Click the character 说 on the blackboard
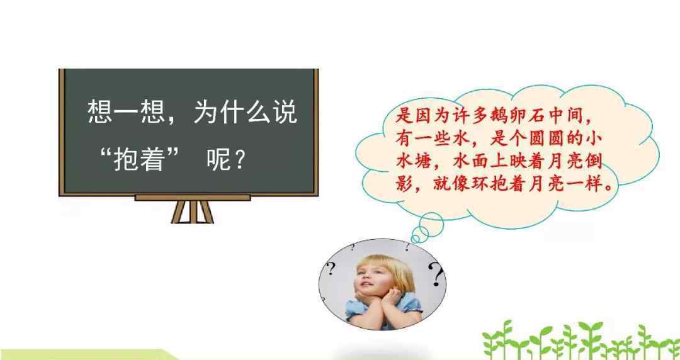[285, 112]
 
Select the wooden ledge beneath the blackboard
[193, 198]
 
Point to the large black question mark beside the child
[436, 274]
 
